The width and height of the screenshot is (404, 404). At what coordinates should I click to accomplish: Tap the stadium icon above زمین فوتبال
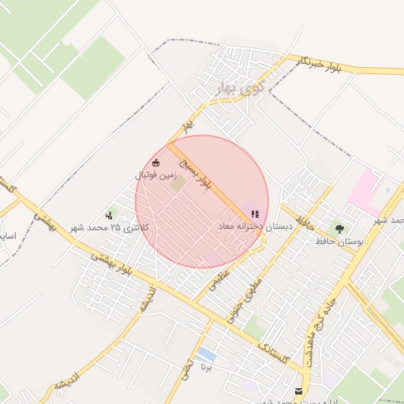155,164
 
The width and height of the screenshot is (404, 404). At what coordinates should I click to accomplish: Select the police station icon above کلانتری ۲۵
109,215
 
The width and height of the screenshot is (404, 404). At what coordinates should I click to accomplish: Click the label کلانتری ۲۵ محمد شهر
110,227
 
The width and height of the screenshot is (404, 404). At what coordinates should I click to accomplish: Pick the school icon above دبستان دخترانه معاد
254,214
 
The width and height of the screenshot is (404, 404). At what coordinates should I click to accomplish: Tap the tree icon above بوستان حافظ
339,229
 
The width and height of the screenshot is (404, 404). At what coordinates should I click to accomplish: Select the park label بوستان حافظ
339,241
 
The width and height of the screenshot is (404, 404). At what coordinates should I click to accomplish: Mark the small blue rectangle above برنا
207,353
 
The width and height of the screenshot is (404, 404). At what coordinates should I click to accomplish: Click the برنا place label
207,368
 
